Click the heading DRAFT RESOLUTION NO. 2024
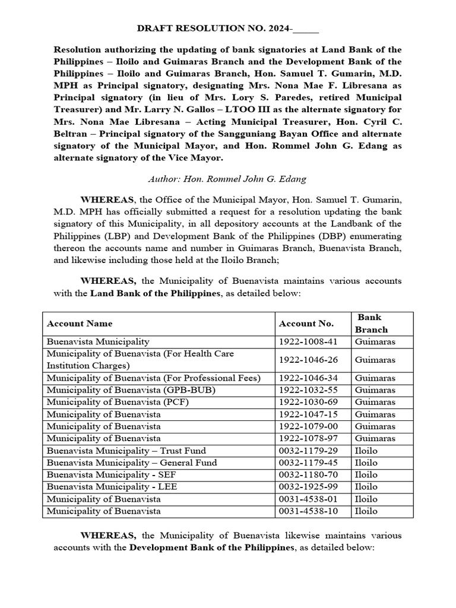pos(228,28)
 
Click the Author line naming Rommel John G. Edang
pos(228,179)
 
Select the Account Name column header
pos(80,324)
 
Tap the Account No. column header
pos(306,324)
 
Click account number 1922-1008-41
pos(306,342)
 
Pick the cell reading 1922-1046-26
pos(306,360)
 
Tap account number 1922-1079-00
pos(306,426)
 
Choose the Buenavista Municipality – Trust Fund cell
pos(126,451)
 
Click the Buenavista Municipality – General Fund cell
pos(132,463)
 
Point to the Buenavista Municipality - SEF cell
pos(111,475)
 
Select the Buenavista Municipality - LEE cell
pos(112,487)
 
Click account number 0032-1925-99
pos(306,487)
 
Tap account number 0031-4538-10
pos(306,511)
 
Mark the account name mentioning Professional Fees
pos(153,378)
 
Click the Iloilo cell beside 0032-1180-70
pos(366,475)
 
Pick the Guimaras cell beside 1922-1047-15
pos(375,414)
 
